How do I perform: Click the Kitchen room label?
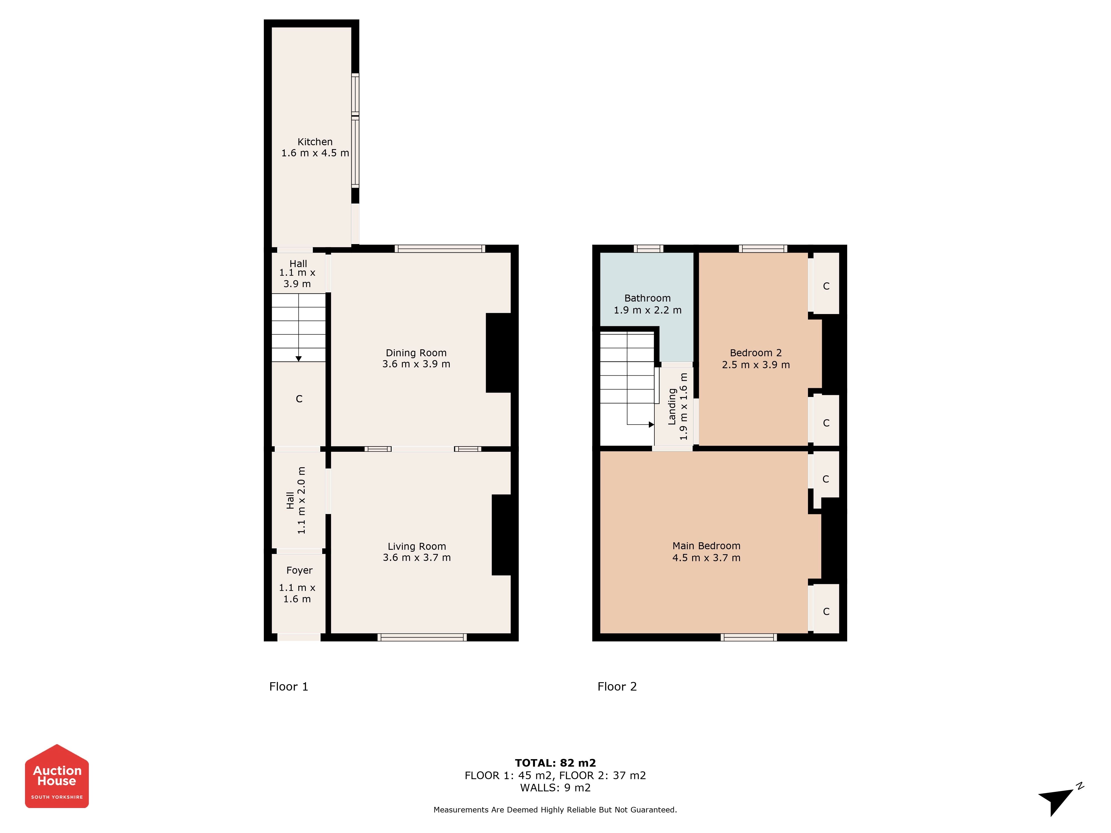315,142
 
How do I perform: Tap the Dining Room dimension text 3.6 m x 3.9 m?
416,364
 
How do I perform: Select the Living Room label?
417,546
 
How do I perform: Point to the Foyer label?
299,570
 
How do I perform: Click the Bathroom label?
647,298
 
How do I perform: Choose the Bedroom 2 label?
756,353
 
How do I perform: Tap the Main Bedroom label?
706,546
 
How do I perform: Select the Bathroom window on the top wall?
649,249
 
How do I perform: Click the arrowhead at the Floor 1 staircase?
298,358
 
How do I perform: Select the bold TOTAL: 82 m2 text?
555,763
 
